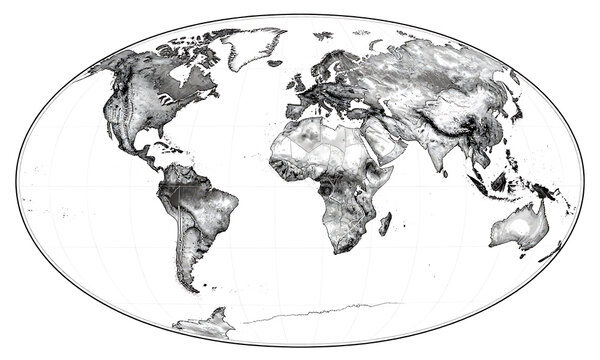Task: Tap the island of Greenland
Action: tap(250, 45)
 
